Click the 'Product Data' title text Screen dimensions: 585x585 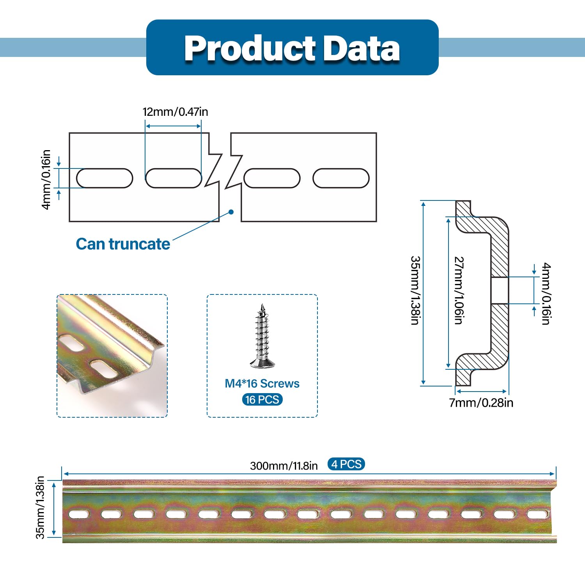(x=292, y=48)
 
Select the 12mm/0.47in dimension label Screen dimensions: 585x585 (x=175, y=112)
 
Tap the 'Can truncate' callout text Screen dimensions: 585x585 (x=123, y=244)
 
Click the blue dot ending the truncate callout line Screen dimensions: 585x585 (x=231, y=212)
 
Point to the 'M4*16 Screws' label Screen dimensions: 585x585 (x=262, y=383)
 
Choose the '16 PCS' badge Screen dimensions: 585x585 (x=262, y=400)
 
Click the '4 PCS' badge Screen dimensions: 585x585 (x=346, y=464)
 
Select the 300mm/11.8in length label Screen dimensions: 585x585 (x=284, y=466)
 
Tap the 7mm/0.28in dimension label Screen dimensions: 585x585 (x=481, y=402)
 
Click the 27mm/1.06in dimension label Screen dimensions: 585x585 (x=459, y=290)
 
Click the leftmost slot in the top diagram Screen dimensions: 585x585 (x=105, y=178)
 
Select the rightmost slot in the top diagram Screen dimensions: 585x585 (x=341, y=178)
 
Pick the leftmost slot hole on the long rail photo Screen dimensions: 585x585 (x=79, y=514)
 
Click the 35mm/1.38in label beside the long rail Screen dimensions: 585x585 (x=41, y=507)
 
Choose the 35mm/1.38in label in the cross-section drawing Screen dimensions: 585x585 (x=415, y=290)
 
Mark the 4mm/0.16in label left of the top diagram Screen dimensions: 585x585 (x=46, y=179)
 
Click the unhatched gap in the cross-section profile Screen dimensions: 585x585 (x=500, y=291)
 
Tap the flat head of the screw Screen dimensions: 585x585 (x=262, y=363)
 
